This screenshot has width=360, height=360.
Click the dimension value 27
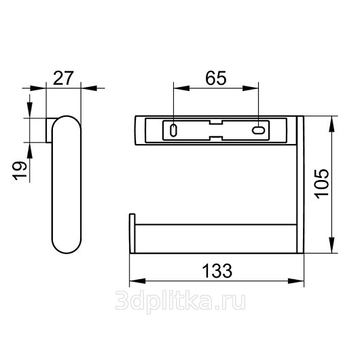(63, 78)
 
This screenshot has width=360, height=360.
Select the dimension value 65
(216, 78)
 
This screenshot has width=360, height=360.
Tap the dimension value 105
(322, 184)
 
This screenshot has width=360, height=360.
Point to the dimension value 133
(217, 271)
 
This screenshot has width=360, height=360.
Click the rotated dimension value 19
(20, 171)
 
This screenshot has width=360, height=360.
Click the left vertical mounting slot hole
(174, 130)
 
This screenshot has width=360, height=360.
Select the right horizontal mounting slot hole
(259, 130)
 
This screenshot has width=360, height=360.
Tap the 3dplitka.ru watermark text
(180, 300)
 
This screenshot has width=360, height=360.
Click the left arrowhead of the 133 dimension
(137, 281)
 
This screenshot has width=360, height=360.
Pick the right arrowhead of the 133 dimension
(296, 281)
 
